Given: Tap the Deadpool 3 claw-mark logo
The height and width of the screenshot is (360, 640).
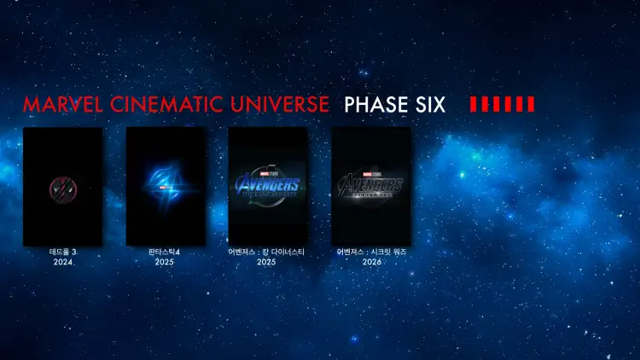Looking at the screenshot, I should tap(62, 186).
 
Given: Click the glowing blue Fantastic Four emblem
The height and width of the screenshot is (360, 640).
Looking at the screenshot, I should tap(166, 182).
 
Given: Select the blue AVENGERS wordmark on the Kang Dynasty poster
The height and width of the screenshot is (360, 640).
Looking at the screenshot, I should tap(268, 185).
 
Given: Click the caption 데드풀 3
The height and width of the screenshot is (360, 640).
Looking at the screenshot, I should tap(62, 253).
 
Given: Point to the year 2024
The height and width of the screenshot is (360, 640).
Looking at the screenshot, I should tap(62, 263).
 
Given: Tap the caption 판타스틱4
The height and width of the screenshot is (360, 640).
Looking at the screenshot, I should tap(166, 253).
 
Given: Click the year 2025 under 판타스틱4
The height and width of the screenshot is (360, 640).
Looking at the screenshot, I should tap(166, 263).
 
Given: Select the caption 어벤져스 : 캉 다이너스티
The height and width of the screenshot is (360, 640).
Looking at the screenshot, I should tap(267, 253).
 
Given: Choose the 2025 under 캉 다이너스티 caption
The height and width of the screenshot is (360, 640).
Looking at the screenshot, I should tap(267, 263).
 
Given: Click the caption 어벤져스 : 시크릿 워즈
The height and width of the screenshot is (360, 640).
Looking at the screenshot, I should tap(371, 253).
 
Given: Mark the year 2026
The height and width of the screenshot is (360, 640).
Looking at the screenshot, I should tap(371, 263).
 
